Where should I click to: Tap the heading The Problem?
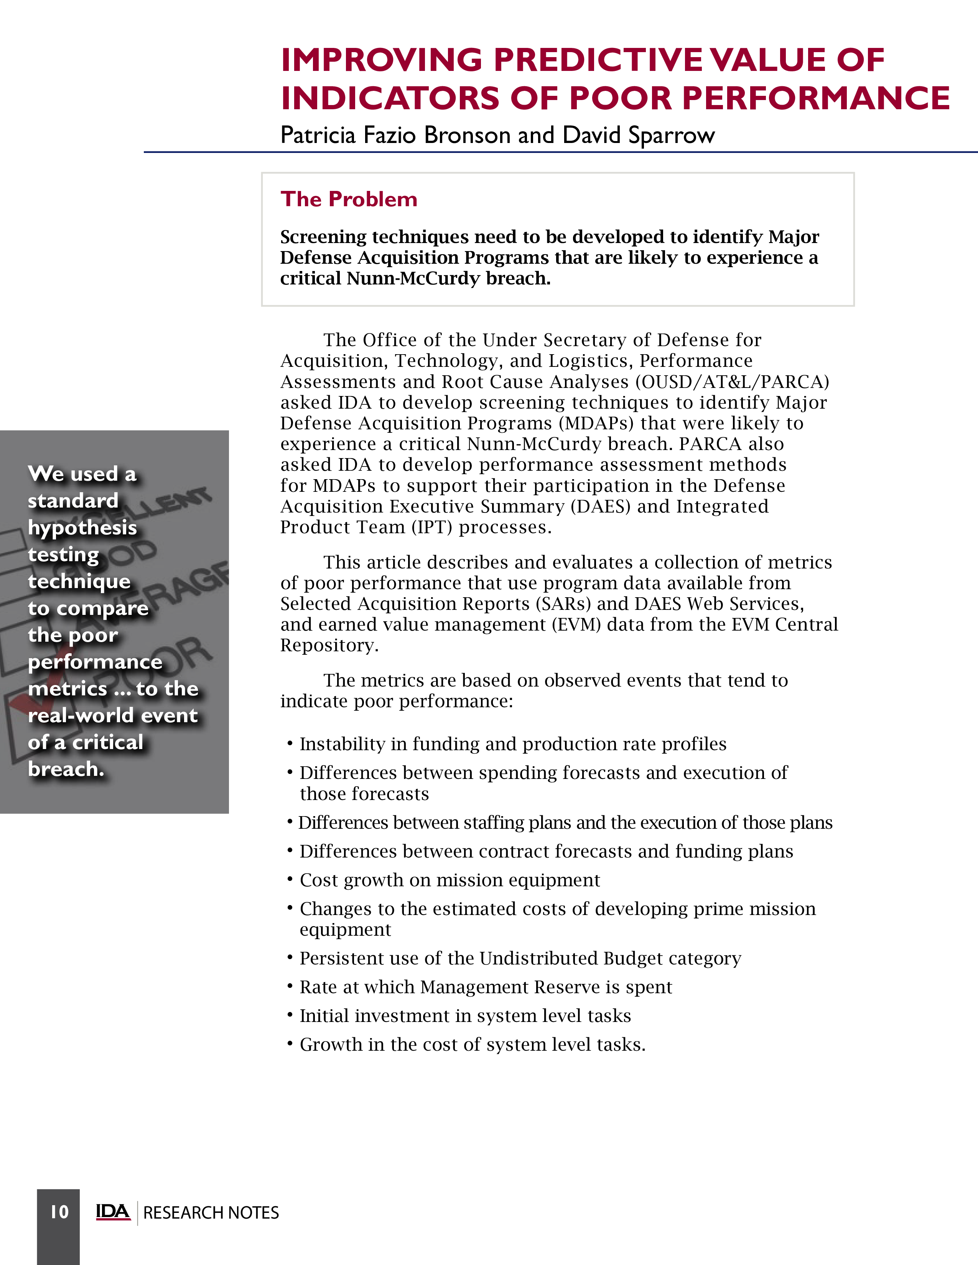pos(349,199)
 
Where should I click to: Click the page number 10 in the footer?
pos(59,1212)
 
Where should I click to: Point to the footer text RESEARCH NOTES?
pos(211,1212)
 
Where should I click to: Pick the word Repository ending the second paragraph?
pos(329,645)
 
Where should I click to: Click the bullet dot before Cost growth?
pos(290,879)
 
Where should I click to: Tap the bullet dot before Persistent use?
pos(290,957)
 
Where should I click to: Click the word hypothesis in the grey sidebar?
pos(82,528)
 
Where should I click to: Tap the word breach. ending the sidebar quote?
pos(66,769)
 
